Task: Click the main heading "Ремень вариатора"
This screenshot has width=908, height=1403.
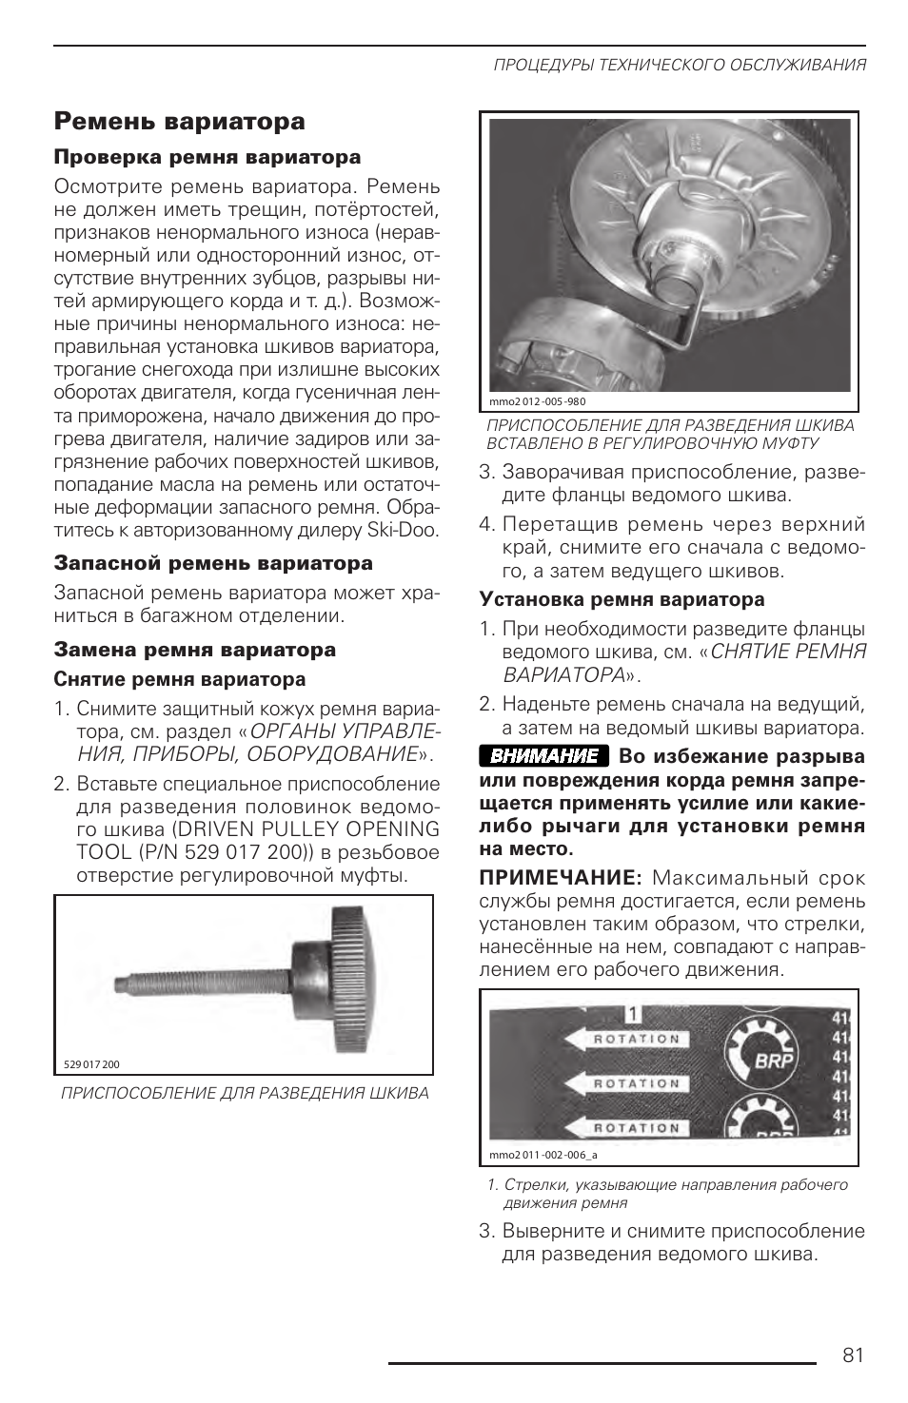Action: (180, 122)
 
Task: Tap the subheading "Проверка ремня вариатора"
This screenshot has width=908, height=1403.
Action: (207, 157)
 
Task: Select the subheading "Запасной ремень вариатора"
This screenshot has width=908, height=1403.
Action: (213, 563)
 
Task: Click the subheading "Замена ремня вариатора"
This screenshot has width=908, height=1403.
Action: (195, 650)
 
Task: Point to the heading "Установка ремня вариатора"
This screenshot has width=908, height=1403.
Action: (622, 599)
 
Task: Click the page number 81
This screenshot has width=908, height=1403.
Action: (853, 1354)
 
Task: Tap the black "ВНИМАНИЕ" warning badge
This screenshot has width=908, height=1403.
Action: (543, 756)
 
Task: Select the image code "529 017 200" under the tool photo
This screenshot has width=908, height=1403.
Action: (91, 1064)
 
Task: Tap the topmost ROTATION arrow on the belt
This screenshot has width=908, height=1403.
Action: (624, 1040)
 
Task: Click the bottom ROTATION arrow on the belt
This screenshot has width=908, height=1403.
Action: (624, 1128)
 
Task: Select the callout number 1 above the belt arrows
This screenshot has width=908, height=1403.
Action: (633, 1015)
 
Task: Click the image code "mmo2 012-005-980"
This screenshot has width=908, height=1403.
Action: (538, 400)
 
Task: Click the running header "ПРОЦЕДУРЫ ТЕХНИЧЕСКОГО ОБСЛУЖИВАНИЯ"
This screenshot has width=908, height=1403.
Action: (679, 66)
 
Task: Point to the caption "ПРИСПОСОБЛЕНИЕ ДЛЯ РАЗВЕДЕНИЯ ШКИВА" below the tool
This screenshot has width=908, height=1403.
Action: (245, 1093)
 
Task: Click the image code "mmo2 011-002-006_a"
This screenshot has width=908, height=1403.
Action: (543, 1155)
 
